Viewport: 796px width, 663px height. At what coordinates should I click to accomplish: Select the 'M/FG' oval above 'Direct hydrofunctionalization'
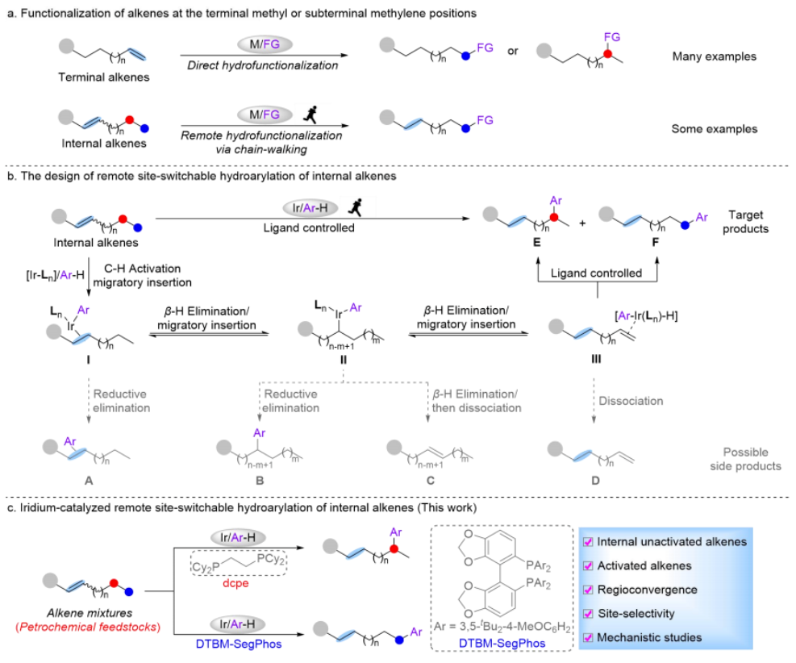click(260, 41)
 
